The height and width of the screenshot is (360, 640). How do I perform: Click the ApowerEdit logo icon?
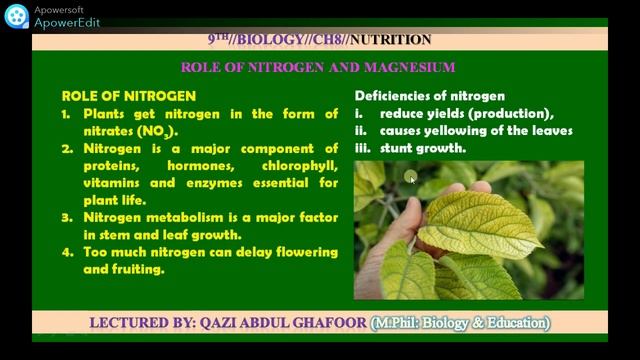pos(16,16)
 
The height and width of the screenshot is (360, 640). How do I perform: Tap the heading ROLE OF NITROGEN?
pos(128,96)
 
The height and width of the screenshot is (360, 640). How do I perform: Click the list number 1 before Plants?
pos(65,114)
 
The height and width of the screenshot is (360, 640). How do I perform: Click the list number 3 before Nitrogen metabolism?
pos(66,217)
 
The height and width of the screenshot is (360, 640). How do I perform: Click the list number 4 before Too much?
pos(66,252)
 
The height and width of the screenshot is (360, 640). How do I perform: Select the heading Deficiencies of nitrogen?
pos(429,96)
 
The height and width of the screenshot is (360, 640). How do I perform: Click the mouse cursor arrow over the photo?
pos(411,178)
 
